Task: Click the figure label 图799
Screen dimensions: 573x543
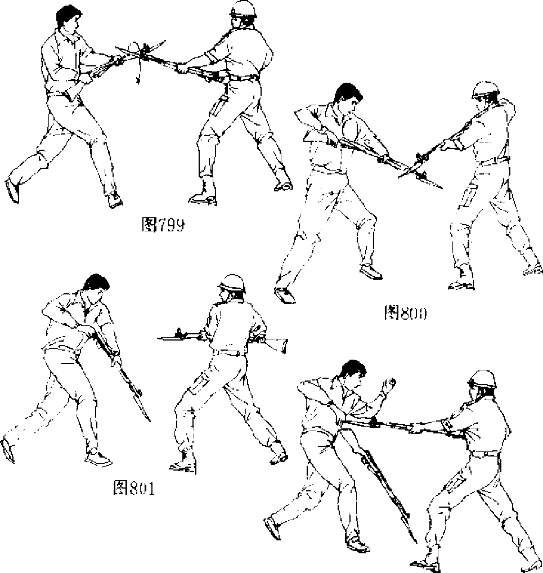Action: (x=163, y=225)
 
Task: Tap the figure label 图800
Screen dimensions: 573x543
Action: (x=404, y=313)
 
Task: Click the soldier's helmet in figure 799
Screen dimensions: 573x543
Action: (x=243, y=9)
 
